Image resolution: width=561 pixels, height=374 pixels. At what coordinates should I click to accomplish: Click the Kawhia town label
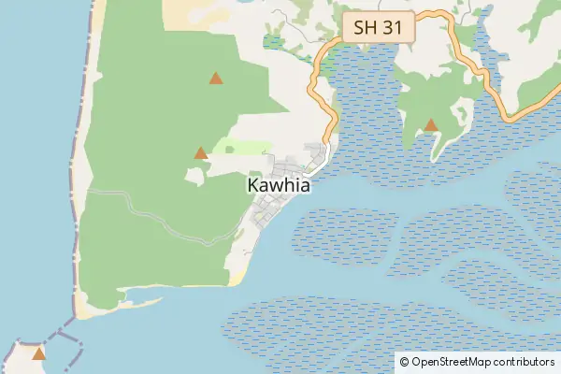pyautogui.click(x=278, y=186)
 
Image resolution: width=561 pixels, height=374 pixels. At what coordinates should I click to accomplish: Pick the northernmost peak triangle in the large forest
pyautogui.click(x=216, y=79)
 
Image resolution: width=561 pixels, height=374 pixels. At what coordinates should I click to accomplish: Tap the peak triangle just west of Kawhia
pyautogui.click(x=200, y=152)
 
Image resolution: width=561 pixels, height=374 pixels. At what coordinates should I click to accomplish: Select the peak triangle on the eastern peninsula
pyautogui.click(x=431, y=124)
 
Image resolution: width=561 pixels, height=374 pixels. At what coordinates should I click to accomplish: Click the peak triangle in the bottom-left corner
pyautogui.click(x=38, y=353)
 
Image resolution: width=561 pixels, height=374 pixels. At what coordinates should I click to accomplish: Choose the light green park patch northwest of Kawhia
pyautogui.click(x=243, y=147)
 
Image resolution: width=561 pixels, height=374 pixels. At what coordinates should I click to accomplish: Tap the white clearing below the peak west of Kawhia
pyautogui.click(x=194, y=175)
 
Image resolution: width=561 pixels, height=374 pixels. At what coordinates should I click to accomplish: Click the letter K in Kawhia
pyautogui.click(x=253, y=186)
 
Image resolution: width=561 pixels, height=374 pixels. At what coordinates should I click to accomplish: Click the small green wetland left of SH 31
pyautogui.click(x=273, y=41)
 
